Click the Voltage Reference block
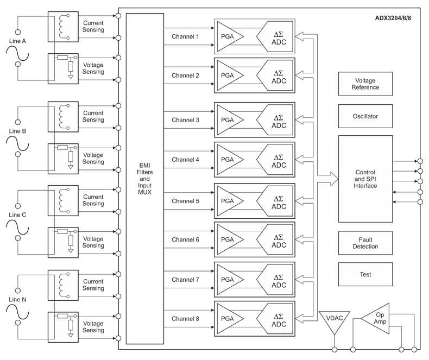(365, 84)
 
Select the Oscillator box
(365, 116)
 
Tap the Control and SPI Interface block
(365, 179)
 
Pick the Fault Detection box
(365, 243)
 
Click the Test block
(365, 274)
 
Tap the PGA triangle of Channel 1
(229, 36)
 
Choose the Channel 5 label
(185, 201)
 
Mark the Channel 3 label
(185, 119)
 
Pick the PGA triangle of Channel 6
(229, 239)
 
